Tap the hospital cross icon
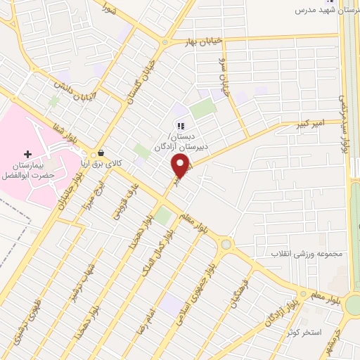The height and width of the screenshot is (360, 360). (x=28, y=153)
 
